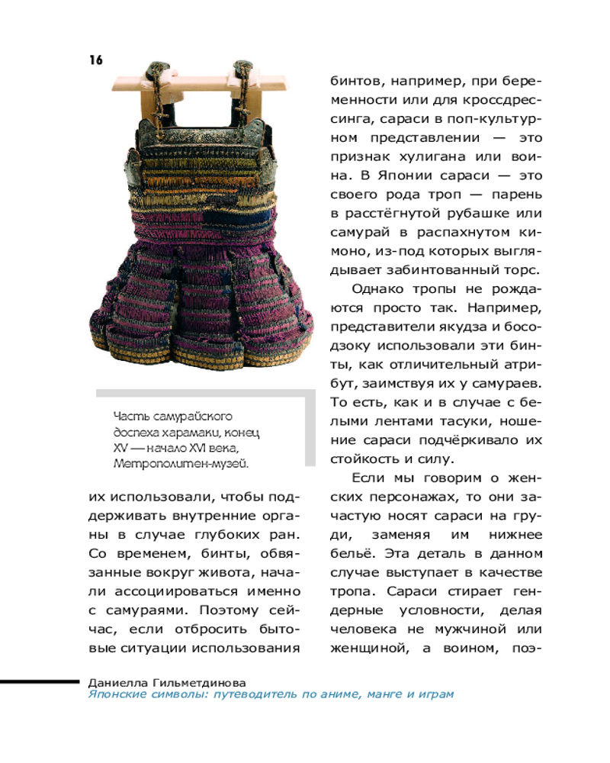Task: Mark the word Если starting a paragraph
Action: pos(370,478)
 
